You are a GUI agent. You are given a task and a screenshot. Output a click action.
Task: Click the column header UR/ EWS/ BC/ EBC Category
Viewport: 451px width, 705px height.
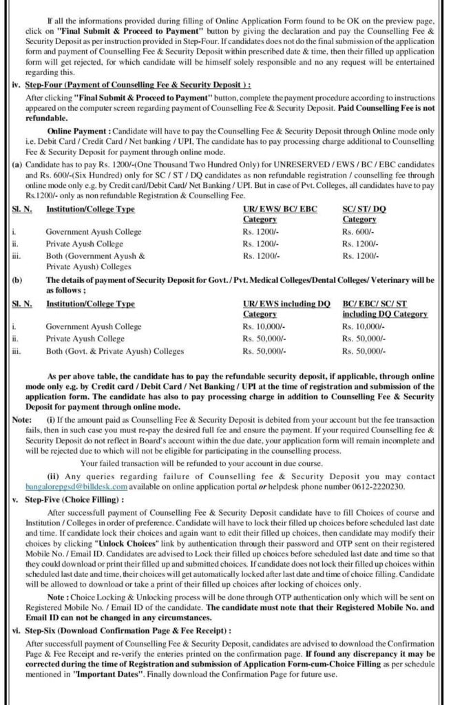[x=280, y=213]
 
